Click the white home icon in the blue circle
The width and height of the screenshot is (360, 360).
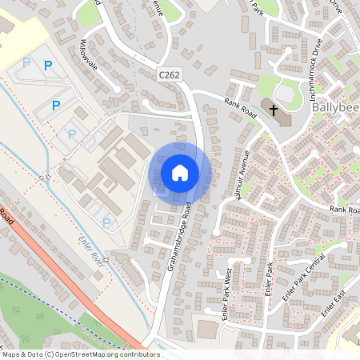pos(180,173)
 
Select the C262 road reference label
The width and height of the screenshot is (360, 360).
pos(168,74)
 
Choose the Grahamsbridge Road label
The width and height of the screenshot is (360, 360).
pos(184,237)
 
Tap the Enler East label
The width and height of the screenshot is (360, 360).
pos(335,302)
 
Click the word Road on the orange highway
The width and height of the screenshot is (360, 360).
pos(6,215)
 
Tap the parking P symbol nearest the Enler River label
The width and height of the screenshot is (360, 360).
pos(106,222)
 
